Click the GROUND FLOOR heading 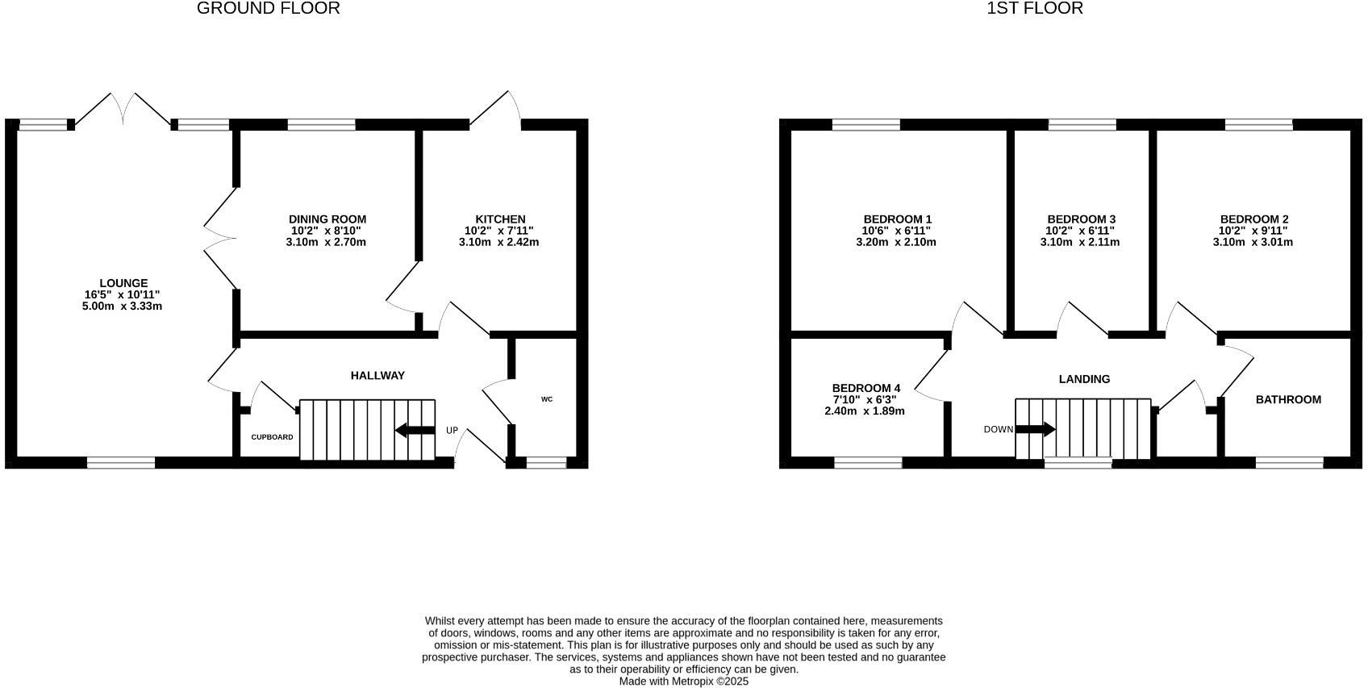(268, 9)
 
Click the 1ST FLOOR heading (1035, 9)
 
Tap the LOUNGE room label (123, 283)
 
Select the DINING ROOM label (327, 219)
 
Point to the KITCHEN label (500, 219)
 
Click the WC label (547, 399)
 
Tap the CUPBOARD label (272, 437)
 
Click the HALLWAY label (377, 376)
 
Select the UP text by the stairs (452, 431)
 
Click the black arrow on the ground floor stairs (415, 430)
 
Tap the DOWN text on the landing (998, 429)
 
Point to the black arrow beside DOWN (1036, 429)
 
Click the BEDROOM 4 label (865, 388)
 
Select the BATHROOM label (1288, 399)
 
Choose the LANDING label (1084, 379)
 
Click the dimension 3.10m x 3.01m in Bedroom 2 (1253, 242)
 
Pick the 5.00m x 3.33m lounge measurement (123, 306)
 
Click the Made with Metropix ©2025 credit (683, 682)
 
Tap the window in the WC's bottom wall (546, 462)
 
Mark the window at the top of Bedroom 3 (1082, 124)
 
